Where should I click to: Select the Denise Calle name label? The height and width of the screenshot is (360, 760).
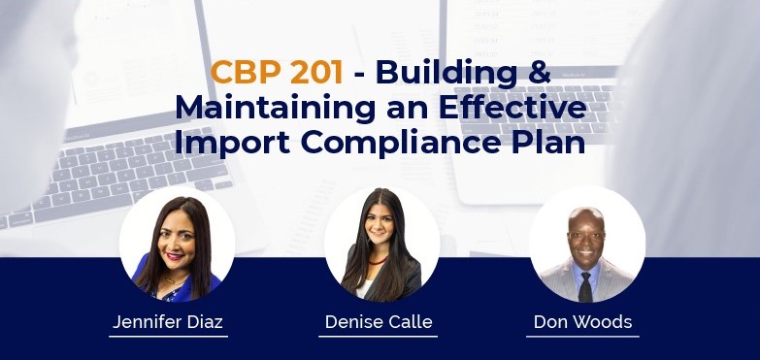pos(379,321)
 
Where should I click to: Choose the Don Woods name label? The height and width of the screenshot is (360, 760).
pos(582,321)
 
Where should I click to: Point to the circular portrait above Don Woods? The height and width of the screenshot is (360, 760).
pos(587,245)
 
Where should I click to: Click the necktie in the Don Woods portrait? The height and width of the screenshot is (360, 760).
pos(585,286)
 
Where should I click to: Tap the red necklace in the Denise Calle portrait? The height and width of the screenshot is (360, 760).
pos(378,261)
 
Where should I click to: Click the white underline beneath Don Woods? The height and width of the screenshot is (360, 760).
pos(582,337)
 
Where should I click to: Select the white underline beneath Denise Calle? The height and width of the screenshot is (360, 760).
pos(378,337)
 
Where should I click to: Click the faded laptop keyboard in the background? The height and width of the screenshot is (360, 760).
pos(126,175)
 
